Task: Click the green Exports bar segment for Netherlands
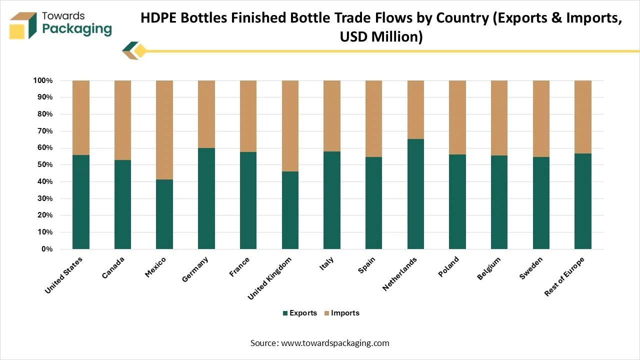(x=415, y=194)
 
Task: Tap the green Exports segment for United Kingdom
(x=290, y=210)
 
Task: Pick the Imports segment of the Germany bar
(x=206, y=114)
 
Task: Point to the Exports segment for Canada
(x=122, y=204)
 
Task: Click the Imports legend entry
(x=341, y=313)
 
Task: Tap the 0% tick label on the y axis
(x=47, y=249)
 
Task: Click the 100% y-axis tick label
(x=42, y=80)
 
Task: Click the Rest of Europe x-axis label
(x=564, y=276)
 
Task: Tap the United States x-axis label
(x=64, y=275)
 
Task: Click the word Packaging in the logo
(x=77, y=28)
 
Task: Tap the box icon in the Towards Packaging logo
(x=22, y=25)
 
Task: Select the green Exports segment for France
(x=248, y=200)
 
